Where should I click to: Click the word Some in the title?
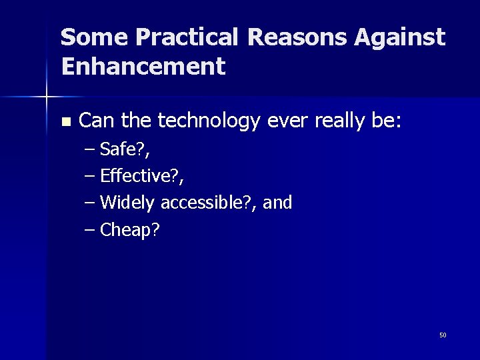pos(93,37)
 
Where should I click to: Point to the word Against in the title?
pos(399,37)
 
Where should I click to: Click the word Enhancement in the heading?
pos(143,67)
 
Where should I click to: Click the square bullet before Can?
pos(65,122)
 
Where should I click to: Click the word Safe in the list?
pos(118,149)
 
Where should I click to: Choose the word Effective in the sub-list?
pos(136,176)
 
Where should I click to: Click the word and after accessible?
pos(277,203)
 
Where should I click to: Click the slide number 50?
pos(443,335)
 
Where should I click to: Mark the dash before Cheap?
pos(91,230)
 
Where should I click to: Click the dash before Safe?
pos(91,149)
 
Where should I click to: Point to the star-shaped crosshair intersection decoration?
pos(46,97)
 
